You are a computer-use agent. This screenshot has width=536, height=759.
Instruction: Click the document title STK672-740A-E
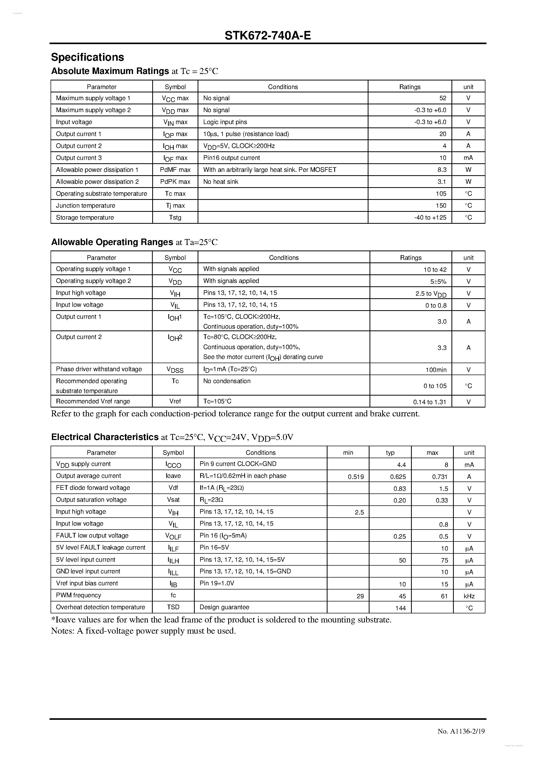click(268, 35)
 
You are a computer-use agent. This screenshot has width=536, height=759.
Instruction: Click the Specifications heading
click(87, 57)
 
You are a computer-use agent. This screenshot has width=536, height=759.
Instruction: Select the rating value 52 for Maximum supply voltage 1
click(443, 98)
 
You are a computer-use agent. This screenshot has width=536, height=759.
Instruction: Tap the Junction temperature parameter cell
click(86, 206)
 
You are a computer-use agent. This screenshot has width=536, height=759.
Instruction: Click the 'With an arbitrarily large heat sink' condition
click(269, 170)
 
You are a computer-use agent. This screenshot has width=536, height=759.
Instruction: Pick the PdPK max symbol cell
click(175, 182)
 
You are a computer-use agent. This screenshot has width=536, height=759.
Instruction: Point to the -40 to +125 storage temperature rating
click(430, 218)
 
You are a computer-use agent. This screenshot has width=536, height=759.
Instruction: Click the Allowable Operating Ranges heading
click(112, 242)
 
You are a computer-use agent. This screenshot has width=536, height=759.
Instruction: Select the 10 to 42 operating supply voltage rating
click(435, 270)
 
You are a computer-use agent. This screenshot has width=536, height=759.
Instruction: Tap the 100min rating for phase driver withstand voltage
click(436, 370)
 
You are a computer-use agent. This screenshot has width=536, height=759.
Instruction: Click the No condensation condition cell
click(227, 381)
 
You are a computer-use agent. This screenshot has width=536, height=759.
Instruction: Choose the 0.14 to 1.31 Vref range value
click(429, 402)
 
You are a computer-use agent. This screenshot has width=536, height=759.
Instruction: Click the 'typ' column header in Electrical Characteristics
click(390, 452)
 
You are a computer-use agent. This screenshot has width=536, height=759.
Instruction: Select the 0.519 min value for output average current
click(356, 477)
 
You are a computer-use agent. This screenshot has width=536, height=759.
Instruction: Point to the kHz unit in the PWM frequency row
click(469, 596)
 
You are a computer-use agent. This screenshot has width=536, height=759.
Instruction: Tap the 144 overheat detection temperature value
click(400, 608)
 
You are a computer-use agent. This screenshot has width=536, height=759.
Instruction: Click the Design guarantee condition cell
click(224, 607)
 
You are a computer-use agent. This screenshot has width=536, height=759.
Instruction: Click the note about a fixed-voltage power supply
click(143, 631)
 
